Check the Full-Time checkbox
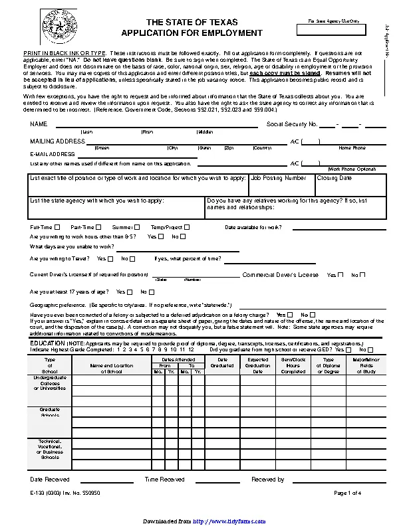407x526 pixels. [x=57, y=227]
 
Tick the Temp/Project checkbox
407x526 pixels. [x=187, y=227]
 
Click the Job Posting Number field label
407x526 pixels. [x=279, y=178]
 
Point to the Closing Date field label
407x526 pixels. [x=335, y=178]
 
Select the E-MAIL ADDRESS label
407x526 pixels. [x=53, y=154]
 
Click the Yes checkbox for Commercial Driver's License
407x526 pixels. [x=340, y=275]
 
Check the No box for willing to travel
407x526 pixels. [x=132, y=259]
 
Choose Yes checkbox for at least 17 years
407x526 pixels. [x=130, y=292]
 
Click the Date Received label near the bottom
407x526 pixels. [x=50, y=479]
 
